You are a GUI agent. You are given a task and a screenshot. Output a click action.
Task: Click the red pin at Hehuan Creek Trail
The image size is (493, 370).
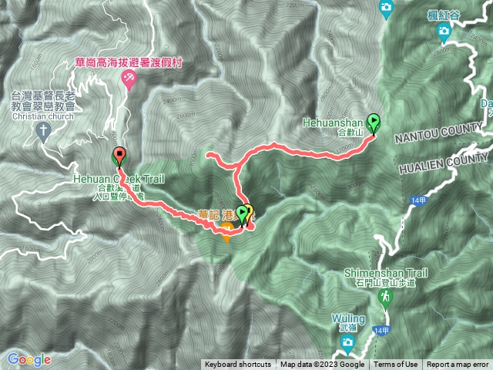click(x=119, y=156)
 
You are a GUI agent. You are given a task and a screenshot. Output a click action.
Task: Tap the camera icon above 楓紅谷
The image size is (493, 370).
click(x=444, y=31)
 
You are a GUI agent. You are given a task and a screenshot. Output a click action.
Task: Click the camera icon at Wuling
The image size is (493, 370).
click(x=348, y=341)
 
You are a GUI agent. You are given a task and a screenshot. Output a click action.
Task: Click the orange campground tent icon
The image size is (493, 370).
click(x=226, y=237)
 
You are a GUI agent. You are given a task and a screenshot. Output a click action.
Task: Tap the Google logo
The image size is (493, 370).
click(x=29, y=360)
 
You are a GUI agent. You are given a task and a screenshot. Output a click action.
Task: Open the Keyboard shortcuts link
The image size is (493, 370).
click(x=238, y=365)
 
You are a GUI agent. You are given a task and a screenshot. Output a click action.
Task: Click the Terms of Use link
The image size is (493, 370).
click(x=396, y=365)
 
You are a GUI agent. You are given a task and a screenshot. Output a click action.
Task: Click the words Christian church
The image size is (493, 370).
click(x=44, y=116)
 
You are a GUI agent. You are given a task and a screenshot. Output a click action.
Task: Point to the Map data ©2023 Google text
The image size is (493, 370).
click(x=322, y=365)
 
